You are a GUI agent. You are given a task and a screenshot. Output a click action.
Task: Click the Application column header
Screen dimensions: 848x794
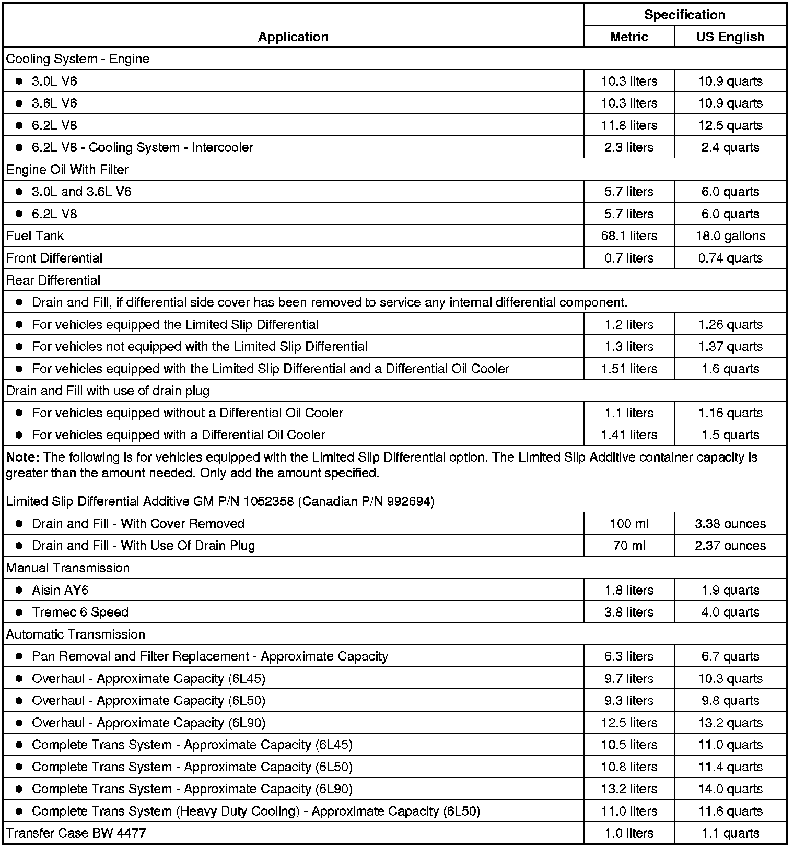click(x=293, y=37)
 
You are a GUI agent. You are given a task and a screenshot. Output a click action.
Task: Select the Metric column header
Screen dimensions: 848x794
click(x=629, y=37)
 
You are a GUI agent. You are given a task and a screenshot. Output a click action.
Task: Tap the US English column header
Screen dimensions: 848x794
click(x=730, y=37)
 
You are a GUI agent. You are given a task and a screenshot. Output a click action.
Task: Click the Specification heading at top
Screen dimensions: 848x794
click(x=684, y=15)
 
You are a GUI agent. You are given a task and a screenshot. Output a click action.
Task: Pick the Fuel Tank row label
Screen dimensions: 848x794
click(x=35, y=235)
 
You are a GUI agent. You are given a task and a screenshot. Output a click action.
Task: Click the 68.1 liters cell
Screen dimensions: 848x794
click(x=629, y=235)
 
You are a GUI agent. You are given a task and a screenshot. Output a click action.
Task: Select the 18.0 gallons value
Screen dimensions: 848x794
click(x=730, y=235)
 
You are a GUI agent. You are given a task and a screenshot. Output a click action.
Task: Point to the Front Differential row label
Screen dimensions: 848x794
click(x=54, y=258)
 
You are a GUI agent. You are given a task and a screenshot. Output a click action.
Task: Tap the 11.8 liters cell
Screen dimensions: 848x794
click(x=629, y=125)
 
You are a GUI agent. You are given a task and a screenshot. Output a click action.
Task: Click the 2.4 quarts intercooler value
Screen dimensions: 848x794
click(x=730, y=147)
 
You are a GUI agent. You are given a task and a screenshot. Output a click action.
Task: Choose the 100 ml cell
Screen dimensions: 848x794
click(x=629, y=523)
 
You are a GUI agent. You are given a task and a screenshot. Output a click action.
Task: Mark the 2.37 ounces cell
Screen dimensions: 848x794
click(x=730, y=545)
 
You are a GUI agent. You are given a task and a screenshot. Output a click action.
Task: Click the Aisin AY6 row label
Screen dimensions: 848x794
click(x=60, y=590)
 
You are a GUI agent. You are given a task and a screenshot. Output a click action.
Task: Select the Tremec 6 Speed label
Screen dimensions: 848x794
click(x=80, y=612)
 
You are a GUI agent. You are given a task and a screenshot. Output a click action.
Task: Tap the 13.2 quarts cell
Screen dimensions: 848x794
click(x=730, y=723)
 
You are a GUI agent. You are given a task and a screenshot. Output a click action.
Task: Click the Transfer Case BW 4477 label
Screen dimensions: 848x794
click(x=76, y=833)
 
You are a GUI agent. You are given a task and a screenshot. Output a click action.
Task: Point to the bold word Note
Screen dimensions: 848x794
click(x=22, y=457)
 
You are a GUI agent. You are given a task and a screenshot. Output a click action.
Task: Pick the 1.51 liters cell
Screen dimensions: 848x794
click(x=629, y=369)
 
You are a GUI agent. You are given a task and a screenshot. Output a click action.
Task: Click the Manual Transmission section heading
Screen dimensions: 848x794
click(x=68, y=568)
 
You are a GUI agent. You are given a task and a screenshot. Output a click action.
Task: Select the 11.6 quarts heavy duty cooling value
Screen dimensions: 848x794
click(x=730, y=811)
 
